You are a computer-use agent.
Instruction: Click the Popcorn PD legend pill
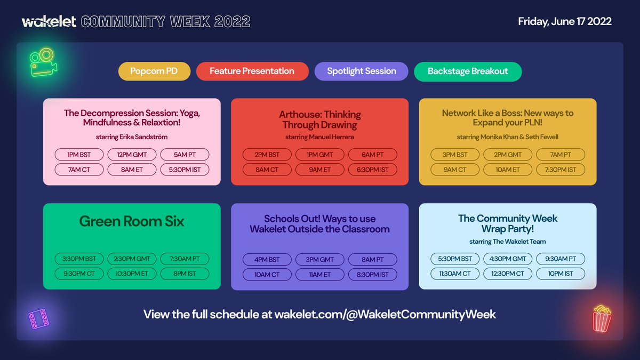pos(154,71)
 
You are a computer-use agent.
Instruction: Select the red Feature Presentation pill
pos(252,71)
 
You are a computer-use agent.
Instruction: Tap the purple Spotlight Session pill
pos(361,71)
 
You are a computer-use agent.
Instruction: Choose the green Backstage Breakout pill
pos(467,71)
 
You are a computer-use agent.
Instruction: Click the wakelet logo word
pos(50,22)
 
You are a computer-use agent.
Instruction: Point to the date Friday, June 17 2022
pos(564,22)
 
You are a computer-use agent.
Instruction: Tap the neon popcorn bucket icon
pos(602,318)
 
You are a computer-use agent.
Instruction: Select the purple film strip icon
pos(39,319)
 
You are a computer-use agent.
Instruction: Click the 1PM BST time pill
pos(79,155)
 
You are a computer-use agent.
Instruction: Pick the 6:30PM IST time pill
pos(373,170)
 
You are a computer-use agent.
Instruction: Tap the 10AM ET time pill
pos(507,170)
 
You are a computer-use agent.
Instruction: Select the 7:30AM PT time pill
pos(185,259)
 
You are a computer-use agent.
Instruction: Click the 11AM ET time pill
pos(320,275)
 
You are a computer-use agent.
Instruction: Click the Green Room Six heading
pos(132,221)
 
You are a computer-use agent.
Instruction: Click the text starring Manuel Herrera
pos(319,137)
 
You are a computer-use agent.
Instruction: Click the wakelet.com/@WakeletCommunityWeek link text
pos(385,314)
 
